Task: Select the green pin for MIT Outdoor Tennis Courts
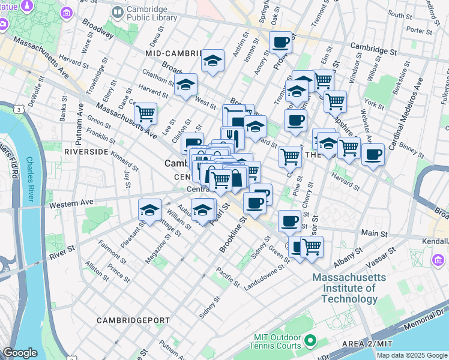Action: (x=310, y=341)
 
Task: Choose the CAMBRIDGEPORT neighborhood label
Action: (x=133, y=320)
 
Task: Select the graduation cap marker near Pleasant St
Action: (x=149, y=209)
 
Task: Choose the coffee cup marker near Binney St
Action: (x=373, y=154)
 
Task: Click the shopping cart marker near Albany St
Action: (x=312, y=245)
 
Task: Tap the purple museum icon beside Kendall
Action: (x=438, y=259)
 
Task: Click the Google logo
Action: (x=20, y=352)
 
